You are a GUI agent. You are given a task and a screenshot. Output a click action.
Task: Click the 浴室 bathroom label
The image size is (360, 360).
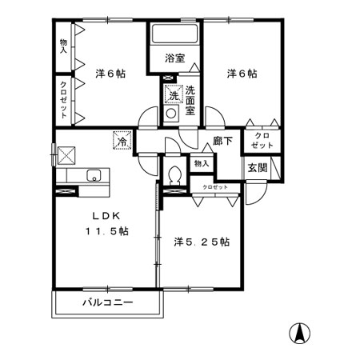coord(174,58)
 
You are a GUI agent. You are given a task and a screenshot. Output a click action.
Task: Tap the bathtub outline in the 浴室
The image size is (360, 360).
coord(174,35)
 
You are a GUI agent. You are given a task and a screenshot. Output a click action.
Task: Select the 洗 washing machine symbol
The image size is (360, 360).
coord(173,95)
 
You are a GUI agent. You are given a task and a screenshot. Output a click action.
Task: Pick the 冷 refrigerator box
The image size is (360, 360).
coord(122,141)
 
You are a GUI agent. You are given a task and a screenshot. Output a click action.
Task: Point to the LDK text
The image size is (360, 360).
coord(108,214)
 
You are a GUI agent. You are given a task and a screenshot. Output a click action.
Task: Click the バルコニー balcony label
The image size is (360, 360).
coord(107,302)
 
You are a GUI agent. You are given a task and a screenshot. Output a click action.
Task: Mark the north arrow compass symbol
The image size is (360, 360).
coord(301,332)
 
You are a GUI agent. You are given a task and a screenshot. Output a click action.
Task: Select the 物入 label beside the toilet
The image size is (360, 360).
coord(201,164)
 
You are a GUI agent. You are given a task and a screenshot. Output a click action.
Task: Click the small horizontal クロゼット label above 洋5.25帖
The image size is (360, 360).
coord(214,186)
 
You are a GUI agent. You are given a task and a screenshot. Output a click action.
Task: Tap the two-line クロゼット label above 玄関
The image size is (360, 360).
coord(261,142)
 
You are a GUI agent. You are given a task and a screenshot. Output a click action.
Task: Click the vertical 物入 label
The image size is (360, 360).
coord(64,45)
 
